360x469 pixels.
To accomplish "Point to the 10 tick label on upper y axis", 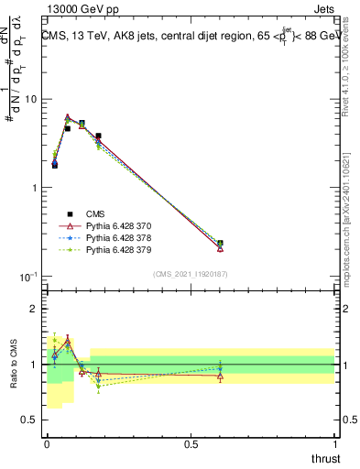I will point(31,99).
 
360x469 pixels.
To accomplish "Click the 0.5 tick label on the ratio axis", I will point(31,420).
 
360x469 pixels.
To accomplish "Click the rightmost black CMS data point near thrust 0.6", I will point(220,244).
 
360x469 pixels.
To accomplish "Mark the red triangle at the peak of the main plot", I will point(68,117).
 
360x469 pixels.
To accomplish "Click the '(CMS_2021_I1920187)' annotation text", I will point(191,273).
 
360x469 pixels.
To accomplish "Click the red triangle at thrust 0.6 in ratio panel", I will point(220,376).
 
